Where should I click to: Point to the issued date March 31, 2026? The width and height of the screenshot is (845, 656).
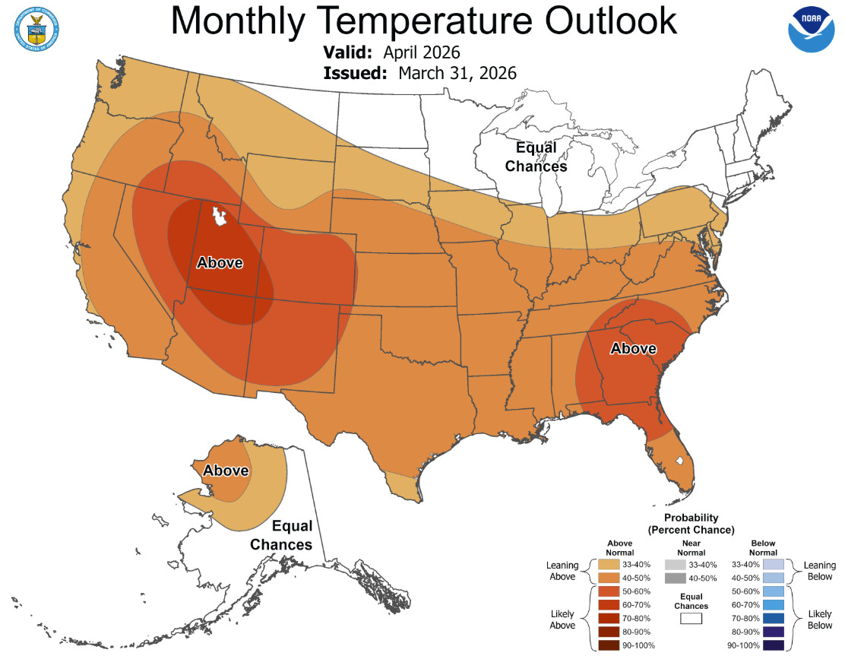point(457,73)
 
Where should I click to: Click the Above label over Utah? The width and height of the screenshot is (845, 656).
point(220,263)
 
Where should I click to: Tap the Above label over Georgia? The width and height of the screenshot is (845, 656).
point(633,348)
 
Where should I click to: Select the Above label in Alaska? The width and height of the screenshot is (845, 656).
point(226,471)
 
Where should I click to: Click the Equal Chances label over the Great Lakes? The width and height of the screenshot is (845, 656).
point(536,157)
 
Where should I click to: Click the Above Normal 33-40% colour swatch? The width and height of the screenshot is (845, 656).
point(607,565)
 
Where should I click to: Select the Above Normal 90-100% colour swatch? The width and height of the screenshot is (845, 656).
point(607,645)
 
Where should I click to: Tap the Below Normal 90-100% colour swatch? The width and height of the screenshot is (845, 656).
point(774,645)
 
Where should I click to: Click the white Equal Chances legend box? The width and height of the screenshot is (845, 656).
point(691,619)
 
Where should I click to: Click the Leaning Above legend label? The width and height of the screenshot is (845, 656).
point(562,571)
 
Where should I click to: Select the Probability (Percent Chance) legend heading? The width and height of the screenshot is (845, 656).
point(691,522)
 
